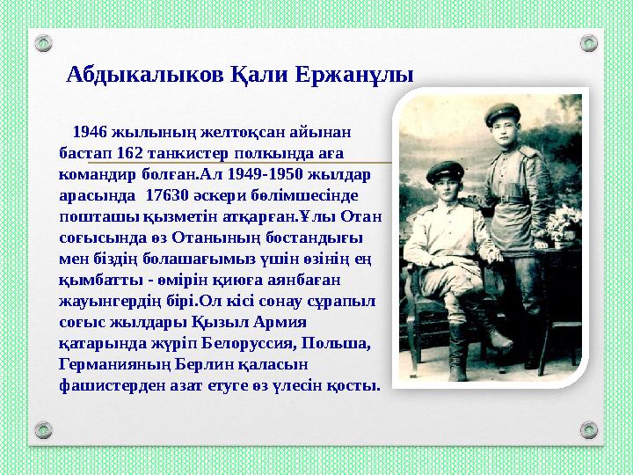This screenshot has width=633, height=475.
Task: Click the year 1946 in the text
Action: [90, 133]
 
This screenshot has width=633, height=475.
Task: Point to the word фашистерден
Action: [101, 384]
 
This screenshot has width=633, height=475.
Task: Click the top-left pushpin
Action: [41, 42]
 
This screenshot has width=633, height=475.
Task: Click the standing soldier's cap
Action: [504, 113]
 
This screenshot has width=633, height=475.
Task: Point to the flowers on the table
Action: [559, 224]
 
